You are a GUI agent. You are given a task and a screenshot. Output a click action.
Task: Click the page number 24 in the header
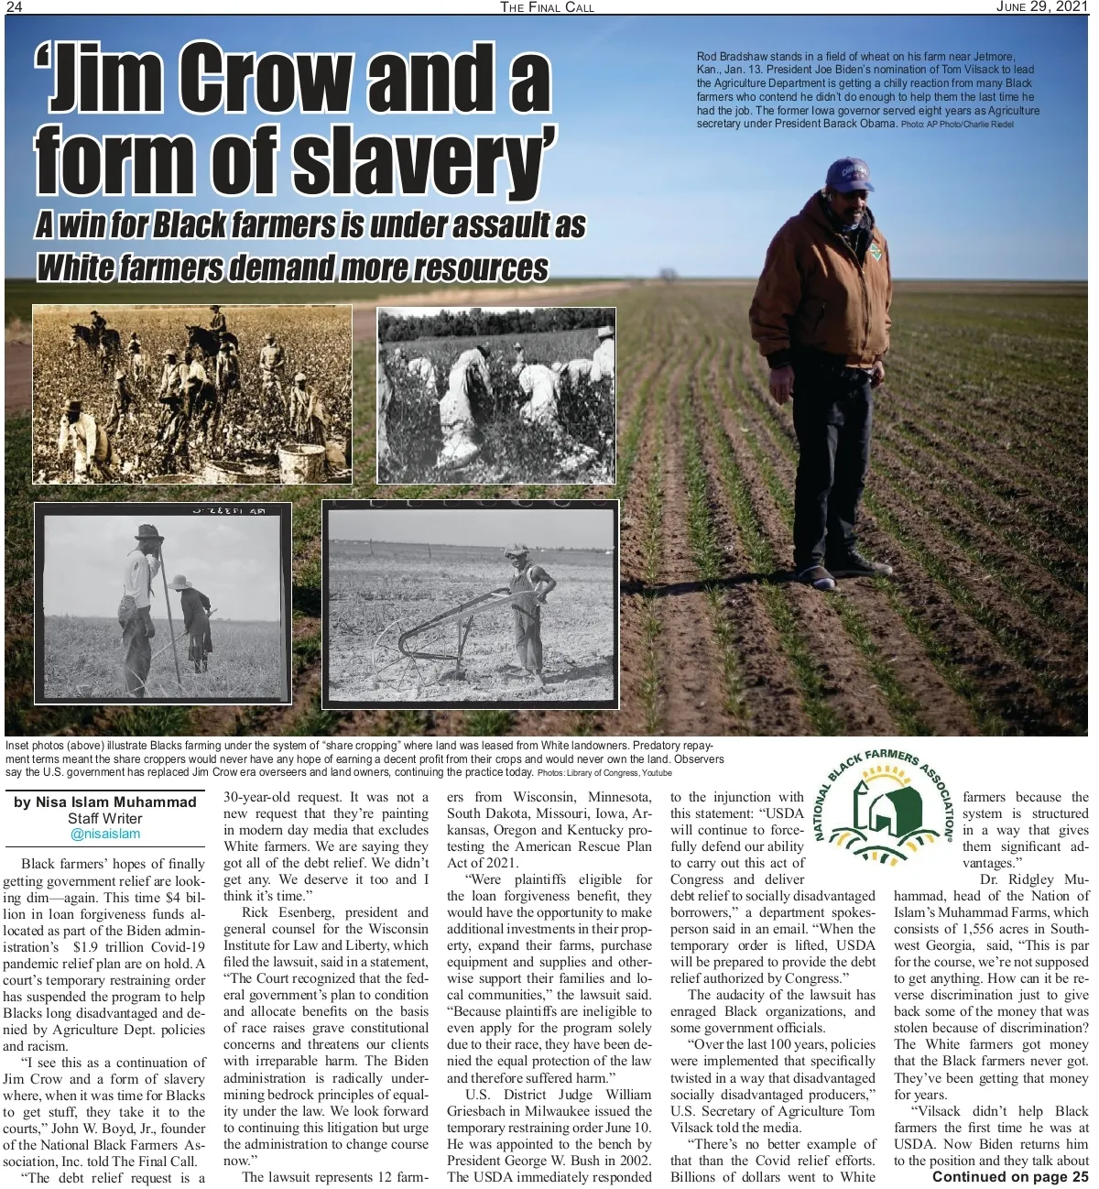pyautogui.click(x=14, y=6)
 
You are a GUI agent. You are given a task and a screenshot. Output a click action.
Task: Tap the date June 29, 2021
pyautogui.click(x=1042, y=6)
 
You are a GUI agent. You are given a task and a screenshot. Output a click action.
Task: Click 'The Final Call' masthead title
pyautogui.click(x=547, y=7)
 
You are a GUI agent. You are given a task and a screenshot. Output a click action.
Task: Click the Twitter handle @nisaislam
pyautogui.click(x=105, y=834)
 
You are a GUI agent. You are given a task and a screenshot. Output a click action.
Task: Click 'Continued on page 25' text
pyautogui.click(x=1009, y=1177)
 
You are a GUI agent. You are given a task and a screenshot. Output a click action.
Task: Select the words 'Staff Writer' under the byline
pyautogui.click(x=105, y=818)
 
